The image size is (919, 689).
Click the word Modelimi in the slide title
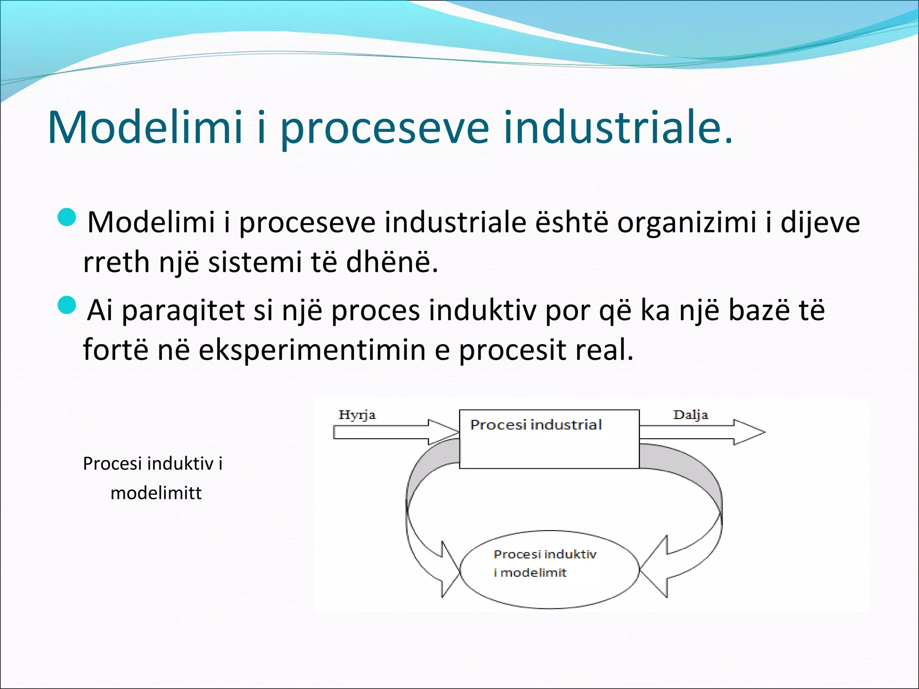[x=144, y=127]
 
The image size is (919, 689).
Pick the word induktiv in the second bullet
[x=482, y=310]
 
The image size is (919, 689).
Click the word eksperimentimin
[x=312, y=349]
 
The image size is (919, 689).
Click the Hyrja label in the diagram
[x=357, y=414]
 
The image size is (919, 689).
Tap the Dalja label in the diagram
[x=690, y=414]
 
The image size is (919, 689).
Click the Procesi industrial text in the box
[x=536, y=425]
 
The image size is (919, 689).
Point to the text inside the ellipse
[x=544, y=563]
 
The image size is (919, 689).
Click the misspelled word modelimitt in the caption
[x=156, y=493]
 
